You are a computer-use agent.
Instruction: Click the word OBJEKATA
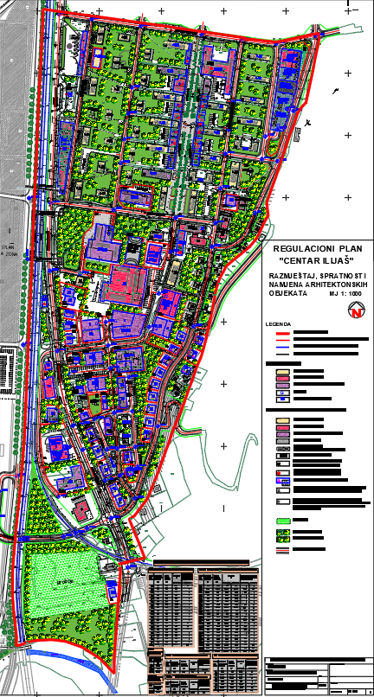point(284,293)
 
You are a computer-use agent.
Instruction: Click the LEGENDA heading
point(279,324)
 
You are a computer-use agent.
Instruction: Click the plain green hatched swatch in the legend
point(281,521)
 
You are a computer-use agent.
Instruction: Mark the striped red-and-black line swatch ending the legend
point(281,548)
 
